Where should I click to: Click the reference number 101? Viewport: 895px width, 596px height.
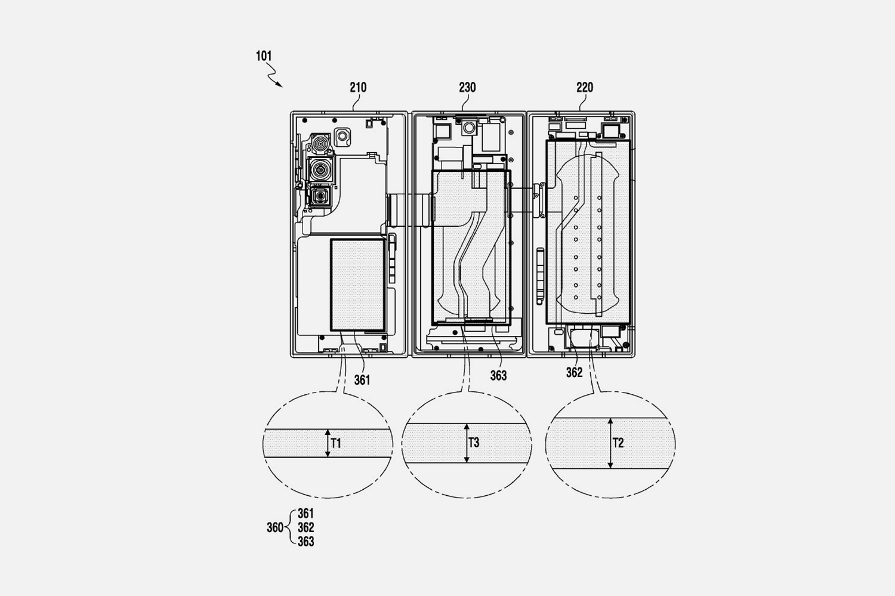[x=264, y=56]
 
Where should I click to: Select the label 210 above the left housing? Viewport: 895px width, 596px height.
[x=358, y=88]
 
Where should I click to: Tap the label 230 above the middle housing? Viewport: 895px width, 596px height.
[x=467, y=88]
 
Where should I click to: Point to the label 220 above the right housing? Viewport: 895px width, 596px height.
[x=585, y=88]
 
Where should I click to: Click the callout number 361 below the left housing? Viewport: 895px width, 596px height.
[x=362, y=380]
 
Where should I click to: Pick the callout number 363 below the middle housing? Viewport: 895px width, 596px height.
[x=499, y=375]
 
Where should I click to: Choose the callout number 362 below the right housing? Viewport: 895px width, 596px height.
[x=574, y=372]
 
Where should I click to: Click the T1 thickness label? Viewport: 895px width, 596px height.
[x=336, y=443]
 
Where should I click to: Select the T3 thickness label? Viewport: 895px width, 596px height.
[x=474, y=442]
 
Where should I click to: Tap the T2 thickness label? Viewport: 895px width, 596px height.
[x=618, y=443]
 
